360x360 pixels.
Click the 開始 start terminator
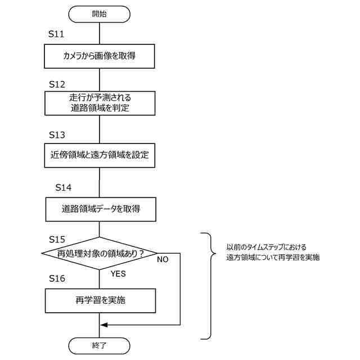pos(99,13)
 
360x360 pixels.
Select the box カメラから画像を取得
pos(99,56)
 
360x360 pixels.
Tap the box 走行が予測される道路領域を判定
pos(99,103)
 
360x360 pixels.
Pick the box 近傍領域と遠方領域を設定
pos(99,155)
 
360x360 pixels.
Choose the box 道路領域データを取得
pos(99,210)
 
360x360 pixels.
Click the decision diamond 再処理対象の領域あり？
pos(99,254)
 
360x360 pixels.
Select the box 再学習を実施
pos(99,300)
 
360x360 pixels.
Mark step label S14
pos(64,187)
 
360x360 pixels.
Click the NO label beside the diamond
pos(163,260)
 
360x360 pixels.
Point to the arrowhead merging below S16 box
pos(103,325)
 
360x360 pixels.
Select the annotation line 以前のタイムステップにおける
pos(266,247)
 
